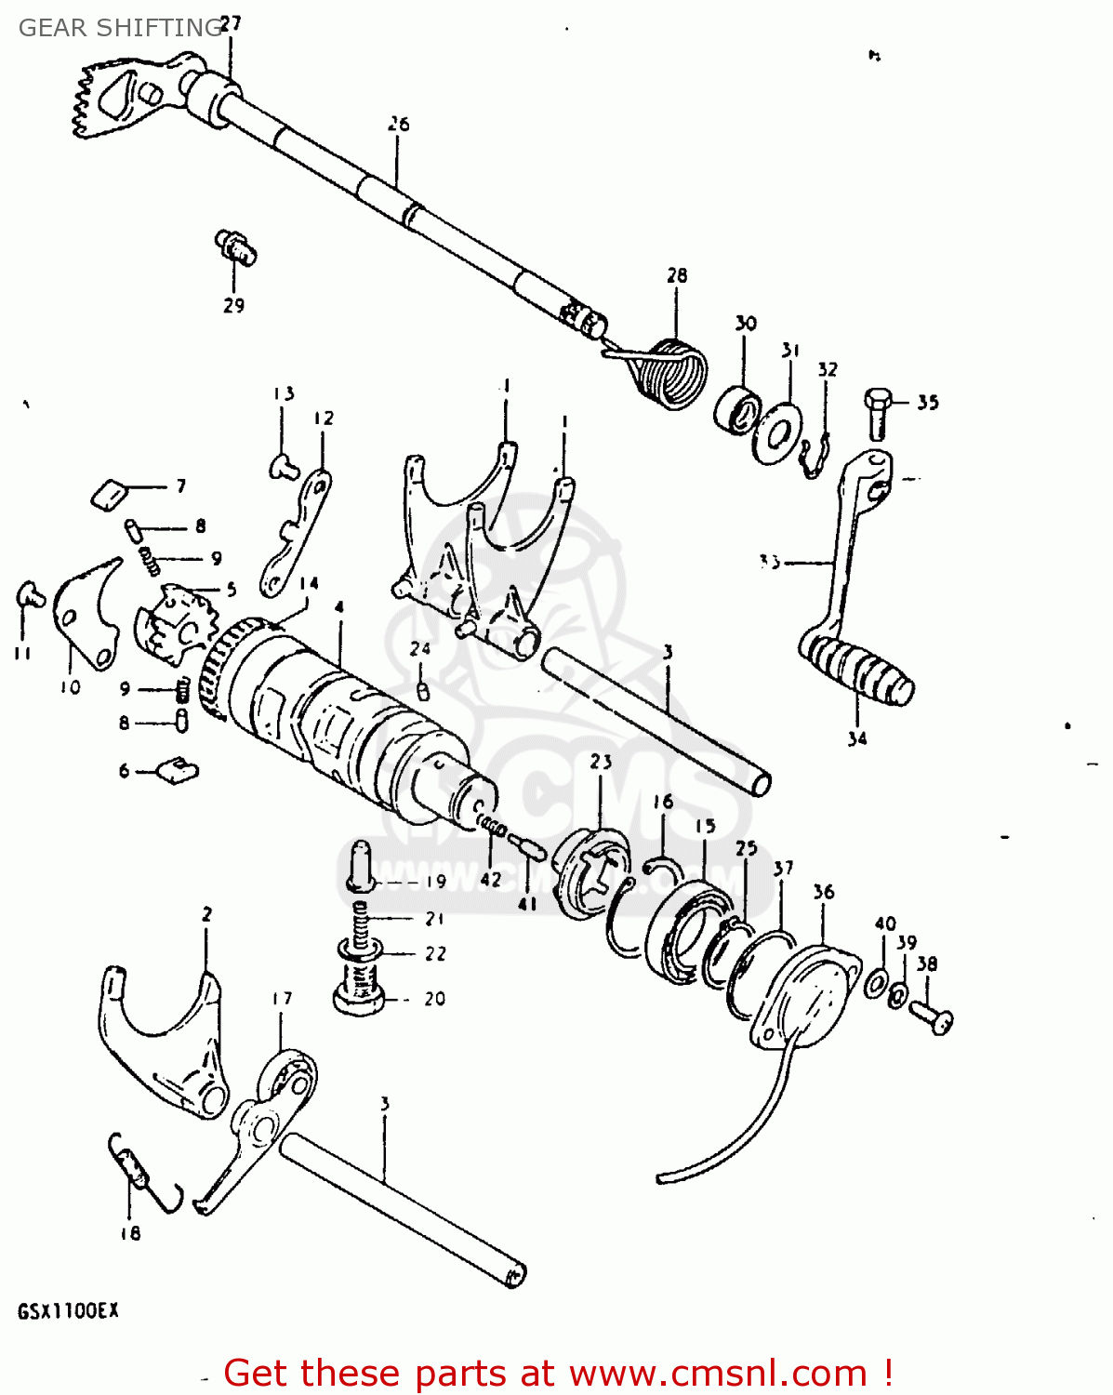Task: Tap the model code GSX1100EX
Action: (68, 1311)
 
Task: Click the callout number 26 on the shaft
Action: (398, 124)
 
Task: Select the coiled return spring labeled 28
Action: (671, 374)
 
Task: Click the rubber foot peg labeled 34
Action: (855, 667)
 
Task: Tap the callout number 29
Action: (233, 305)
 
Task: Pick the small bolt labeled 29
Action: (237, 246)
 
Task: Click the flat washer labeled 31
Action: (777, 432)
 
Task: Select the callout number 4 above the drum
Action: (339, 607)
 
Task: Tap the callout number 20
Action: (434, 999)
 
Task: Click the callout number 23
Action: (601, 762)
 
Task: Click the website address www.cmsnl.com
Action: (717, 1373)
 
